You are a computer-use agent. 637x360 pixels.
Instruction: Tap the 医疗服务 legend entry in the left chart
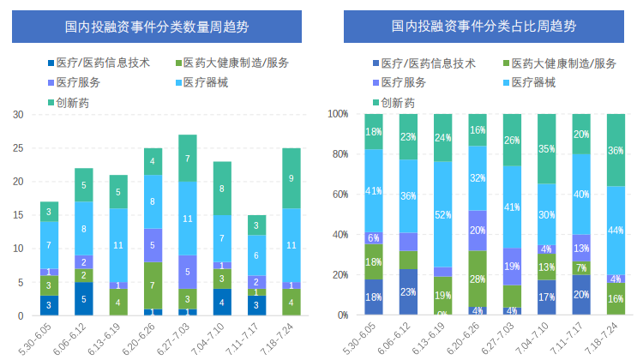[78, 82]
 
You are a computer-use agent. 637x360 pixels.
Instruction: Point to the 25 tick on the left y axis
[18, 148]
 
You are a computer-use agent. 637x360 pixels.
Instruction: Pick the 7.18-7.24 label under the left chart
[291, 337]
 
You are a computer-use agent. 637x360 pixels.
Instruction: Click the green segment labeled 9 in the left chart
[291, 178]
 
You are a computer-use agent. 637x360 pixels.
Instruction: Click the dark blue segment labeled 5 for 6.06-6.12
[84, 299]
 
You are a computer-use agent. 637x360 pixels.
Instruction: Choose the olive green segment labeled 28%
[478, 279]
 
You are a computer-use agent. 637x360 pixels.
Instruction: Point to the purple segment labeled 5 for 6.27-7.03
[188, 272]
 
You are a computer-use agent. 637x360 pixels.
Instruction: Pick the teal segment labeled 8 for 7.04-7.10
[222, 189]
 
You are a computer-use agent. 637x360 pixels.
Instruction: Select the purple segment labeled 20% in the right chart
[478, 231]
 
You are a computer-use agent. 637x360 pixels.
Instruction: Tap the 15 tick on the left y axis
[18, 215]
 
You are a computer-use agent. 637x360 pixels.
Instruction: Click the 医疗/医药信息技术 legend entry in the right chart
[426, 63]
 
